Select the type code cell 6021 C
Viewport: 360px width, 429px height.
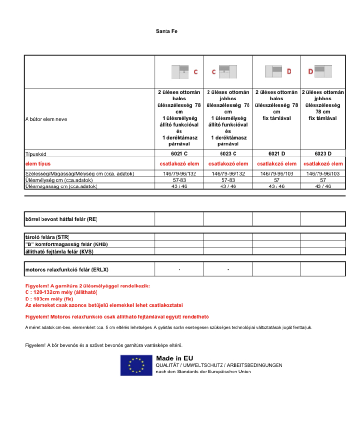tap(179, 154)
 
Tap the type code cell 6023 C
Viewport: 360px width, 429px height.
tap(228, 154)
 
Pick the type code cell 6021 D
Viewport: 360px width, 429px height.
tap(277, 154)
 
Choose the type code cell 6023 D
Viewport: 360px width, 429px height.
tap(323, 154)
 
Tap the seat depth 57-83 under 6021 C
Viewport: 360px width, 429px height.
tap(179, 180)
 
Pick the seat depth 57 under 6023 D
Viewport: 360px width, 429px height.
tap(323, 180)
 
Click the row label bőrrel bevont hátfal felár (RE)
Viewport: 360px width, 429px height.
tap(61, 219)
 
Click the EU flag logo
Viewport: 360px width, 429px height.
tap(136, 365)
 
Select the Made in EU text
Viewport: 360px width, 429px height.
tap(173, 357)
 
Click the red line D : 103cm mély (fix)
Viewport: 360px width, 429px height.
tap(49, 299)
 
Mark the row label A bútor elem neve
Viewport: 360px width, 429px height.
tap(46, 119)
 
